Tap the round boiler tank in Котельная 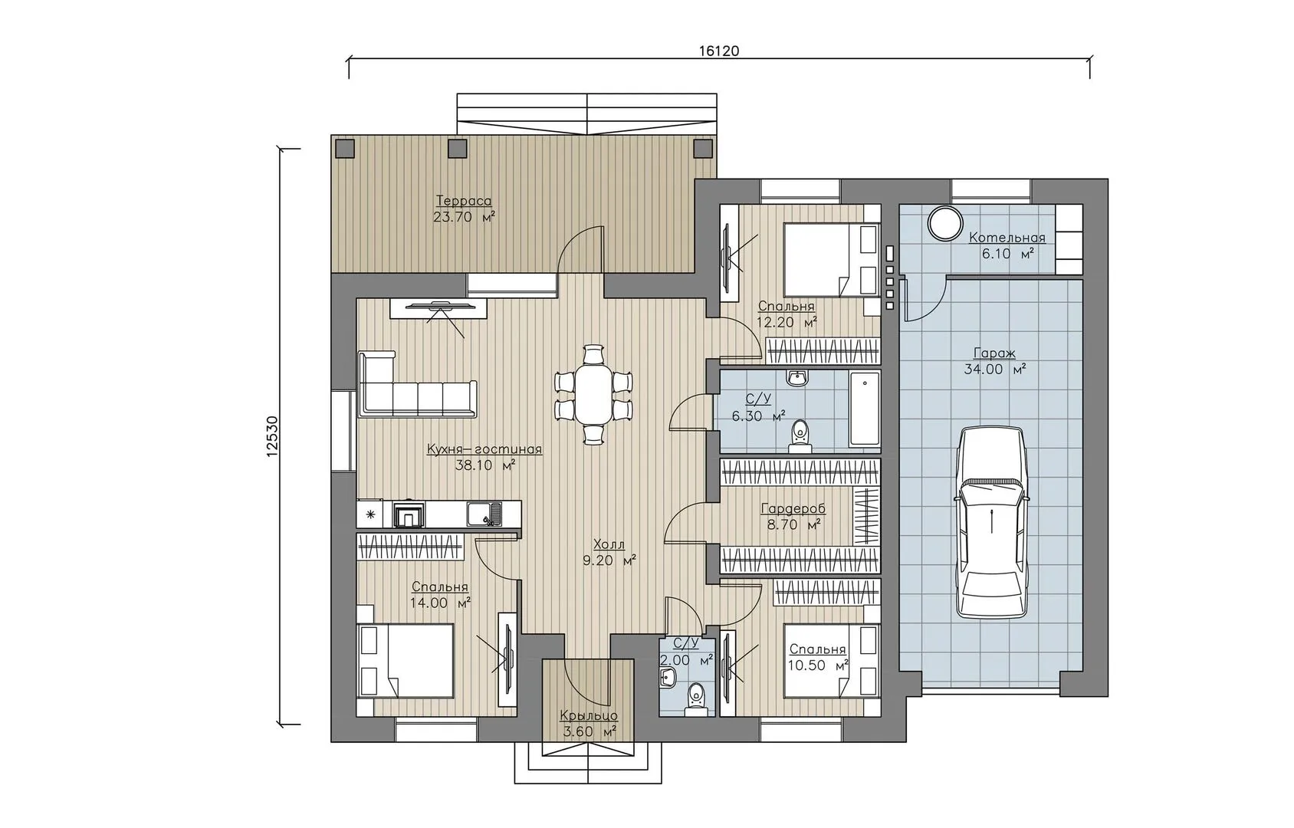(x=945, y=222)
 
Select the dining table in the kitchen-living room (x=593, y=395)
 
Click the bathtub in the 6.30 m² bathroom (x=864, y=409)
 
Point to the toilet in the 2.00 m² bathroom (x=696, y=699)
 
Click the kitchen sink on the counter (x=484, y=514)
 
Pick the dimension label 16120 (x=719, y=51)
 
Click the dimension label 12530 (x=273, y=436)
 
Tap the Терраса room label (x=464, y=201)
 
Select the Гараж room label (x=994, y=353)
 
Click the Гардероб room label (x=793, y=509)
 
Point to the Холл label (x=609, y=544)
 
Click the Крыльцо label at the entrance (x=589, y=716)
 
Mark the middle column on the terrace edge (x=458, y=149)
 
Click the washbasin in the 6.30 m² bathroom (x=798, y=379)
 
